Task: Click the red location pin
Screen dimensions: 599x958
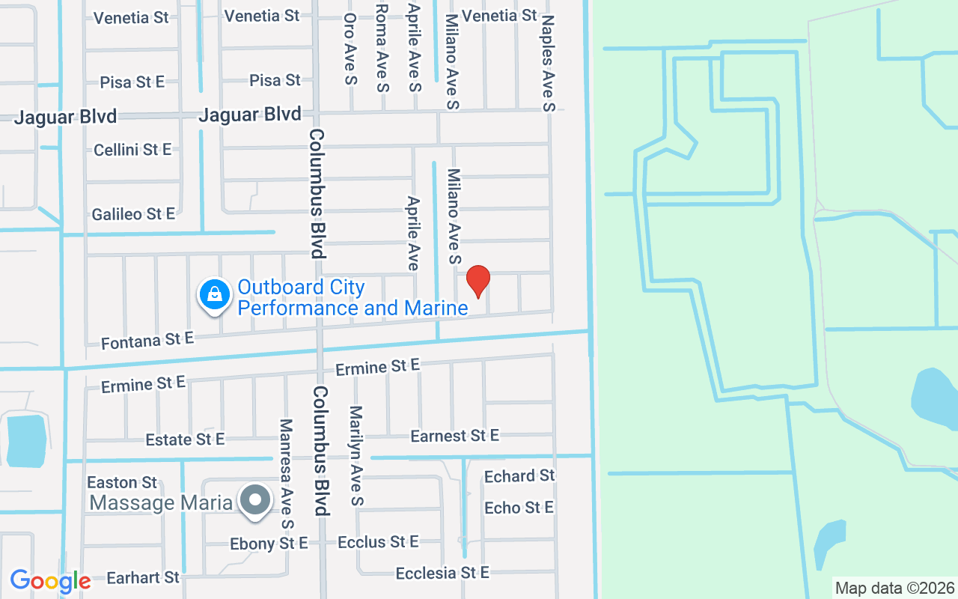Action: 478,282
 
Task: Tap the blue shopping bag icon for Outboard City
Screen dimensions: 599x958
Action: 215,295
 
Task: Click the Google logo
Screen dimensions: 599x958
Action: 50,580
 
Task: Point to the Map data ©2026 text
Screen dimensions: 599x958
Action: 895,588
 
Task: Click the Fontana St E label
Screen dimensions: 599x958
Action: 147,341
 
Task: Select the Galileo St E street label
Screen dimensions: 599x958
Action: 133,214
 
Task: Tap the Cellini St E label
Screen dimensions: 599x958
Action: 132,150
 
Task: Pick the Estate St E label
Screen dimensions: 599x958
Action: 185,440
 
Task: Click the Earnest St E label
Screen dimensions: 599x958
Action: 454,436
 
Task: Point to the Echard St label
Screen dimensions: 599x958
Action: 519,476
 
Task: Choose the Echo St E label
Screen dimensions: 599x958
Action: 519,508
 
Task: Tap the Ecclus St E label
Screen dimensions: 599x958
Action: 378,541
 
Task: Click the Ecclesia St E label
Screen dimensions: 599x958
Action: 442,573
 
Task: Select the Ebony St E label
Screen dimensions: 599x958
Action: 269,544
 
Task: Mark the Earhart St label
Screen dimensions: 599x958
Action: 143,577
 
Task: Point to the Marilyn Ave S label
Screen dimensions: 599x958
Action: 356,455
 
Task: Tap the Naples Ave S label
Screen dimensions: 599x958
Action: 549,64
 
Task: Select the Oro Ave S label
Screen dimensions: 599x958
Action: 350,49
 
